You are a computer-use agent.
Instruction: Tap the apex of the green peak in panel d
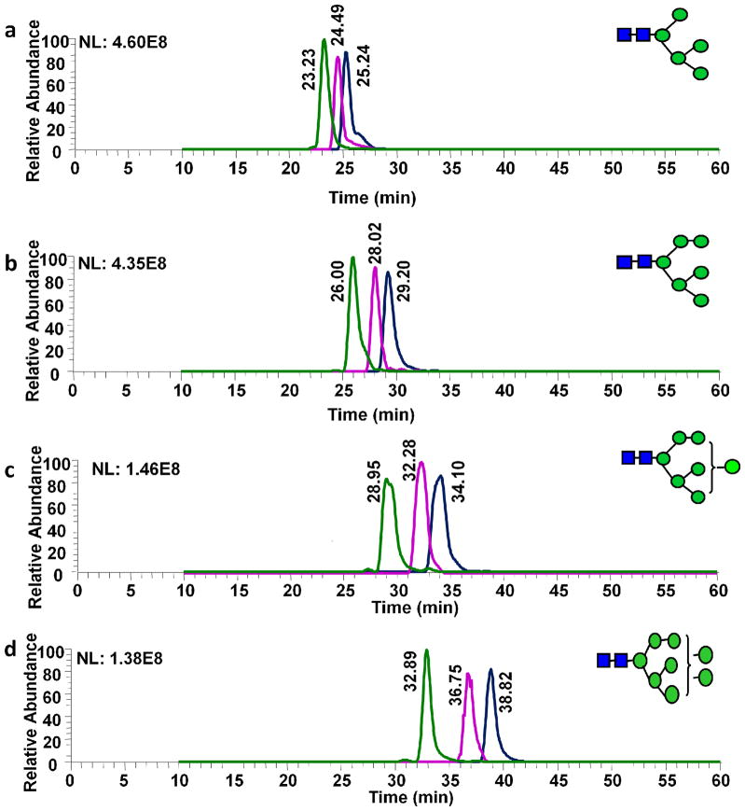[x=426, y=650]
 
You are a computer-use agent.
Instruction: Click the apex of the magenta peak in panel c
[x=421, y=463]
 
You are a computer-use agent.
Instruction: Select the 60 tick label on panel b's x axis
[x=719, y=386]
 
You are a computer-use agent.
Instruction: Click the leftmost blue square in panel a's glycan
[x=625, y=35]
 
